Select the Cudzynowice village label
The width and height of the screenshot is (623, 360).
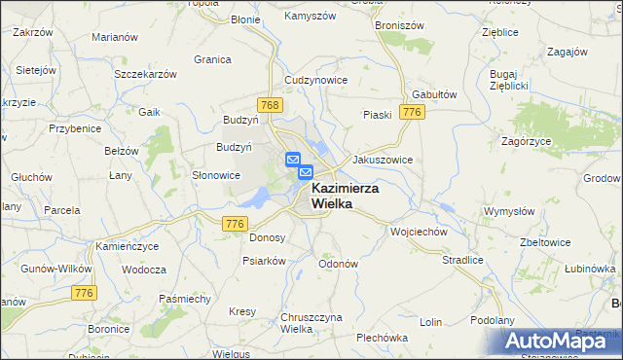pyautogui.click(x=315, y=80)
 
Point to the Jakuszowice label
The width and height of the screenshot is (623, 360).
pyautogui.click(x=383, y=159)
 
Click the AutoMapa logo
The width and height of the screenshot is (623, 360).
pyautogui.click(x=561, y=341)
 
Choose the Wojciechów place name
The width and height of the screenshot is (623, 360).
pyautogui.click(x=418, y=233)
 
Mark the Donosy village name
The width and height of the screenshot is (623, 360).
pyautogui.click(x=268, y=237)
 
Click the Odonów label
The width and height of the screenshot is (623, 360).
pyautogui.click(x=339, y=263)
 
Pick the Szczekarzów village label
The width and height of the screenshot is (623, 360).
pyautogui.click(x=145, y=74)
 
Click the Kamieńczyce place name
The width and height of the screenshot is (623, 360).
pyautogui.click(x=128, y=247)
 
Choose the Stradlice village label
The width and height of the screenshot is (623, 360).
pyautogui.click(x=462, y=261)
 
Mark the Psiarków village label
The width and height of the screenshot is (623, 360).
pyautogui.click(x=264, y=261)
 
